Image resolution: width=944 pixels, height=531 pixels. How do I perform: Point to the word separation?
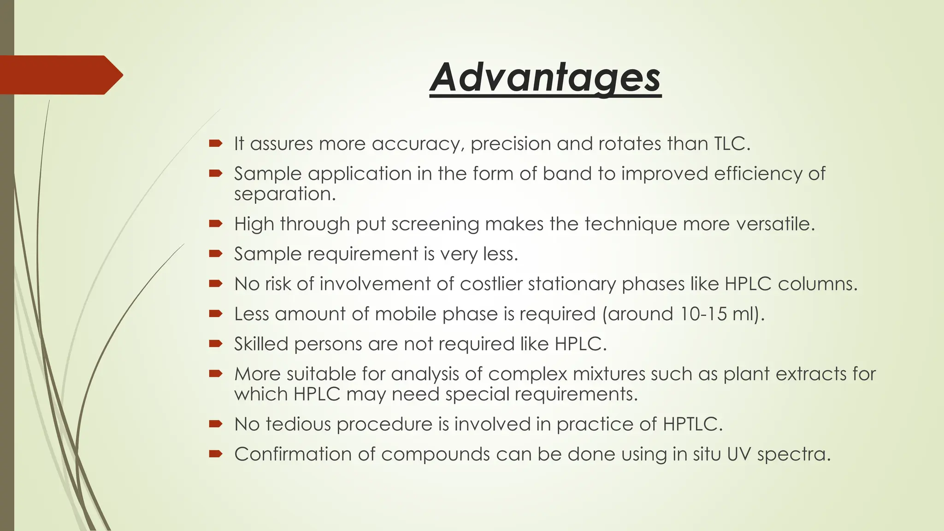pos(284,194)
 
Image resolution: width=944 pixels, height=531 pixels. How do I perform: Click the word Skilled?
pos(261,344)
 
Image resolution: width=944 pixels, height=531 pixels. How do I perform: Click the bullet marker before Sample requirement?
pos(215,254)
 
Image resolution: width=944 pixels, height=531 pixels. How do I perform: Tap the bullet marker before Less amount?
pos(215,313)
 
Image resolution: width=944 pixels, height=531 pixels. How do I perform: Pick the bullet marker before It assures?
pos(215,143)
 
